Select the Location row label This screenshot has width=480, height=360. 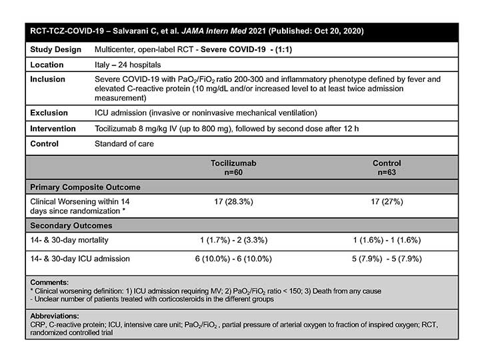pyautogui.click(x=47, y=65)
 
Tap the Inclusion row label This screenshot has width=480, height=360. pyautogui.click(x=48, y=79)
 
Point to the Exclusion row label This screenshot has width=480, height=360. pyautogui.click(x=49, y=114)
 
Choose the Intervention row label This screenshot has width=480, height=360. pyautogui.click(x=53, y=129)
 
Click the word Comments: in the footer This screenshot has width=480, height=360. pyautogui.click(x=49, y=283)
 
